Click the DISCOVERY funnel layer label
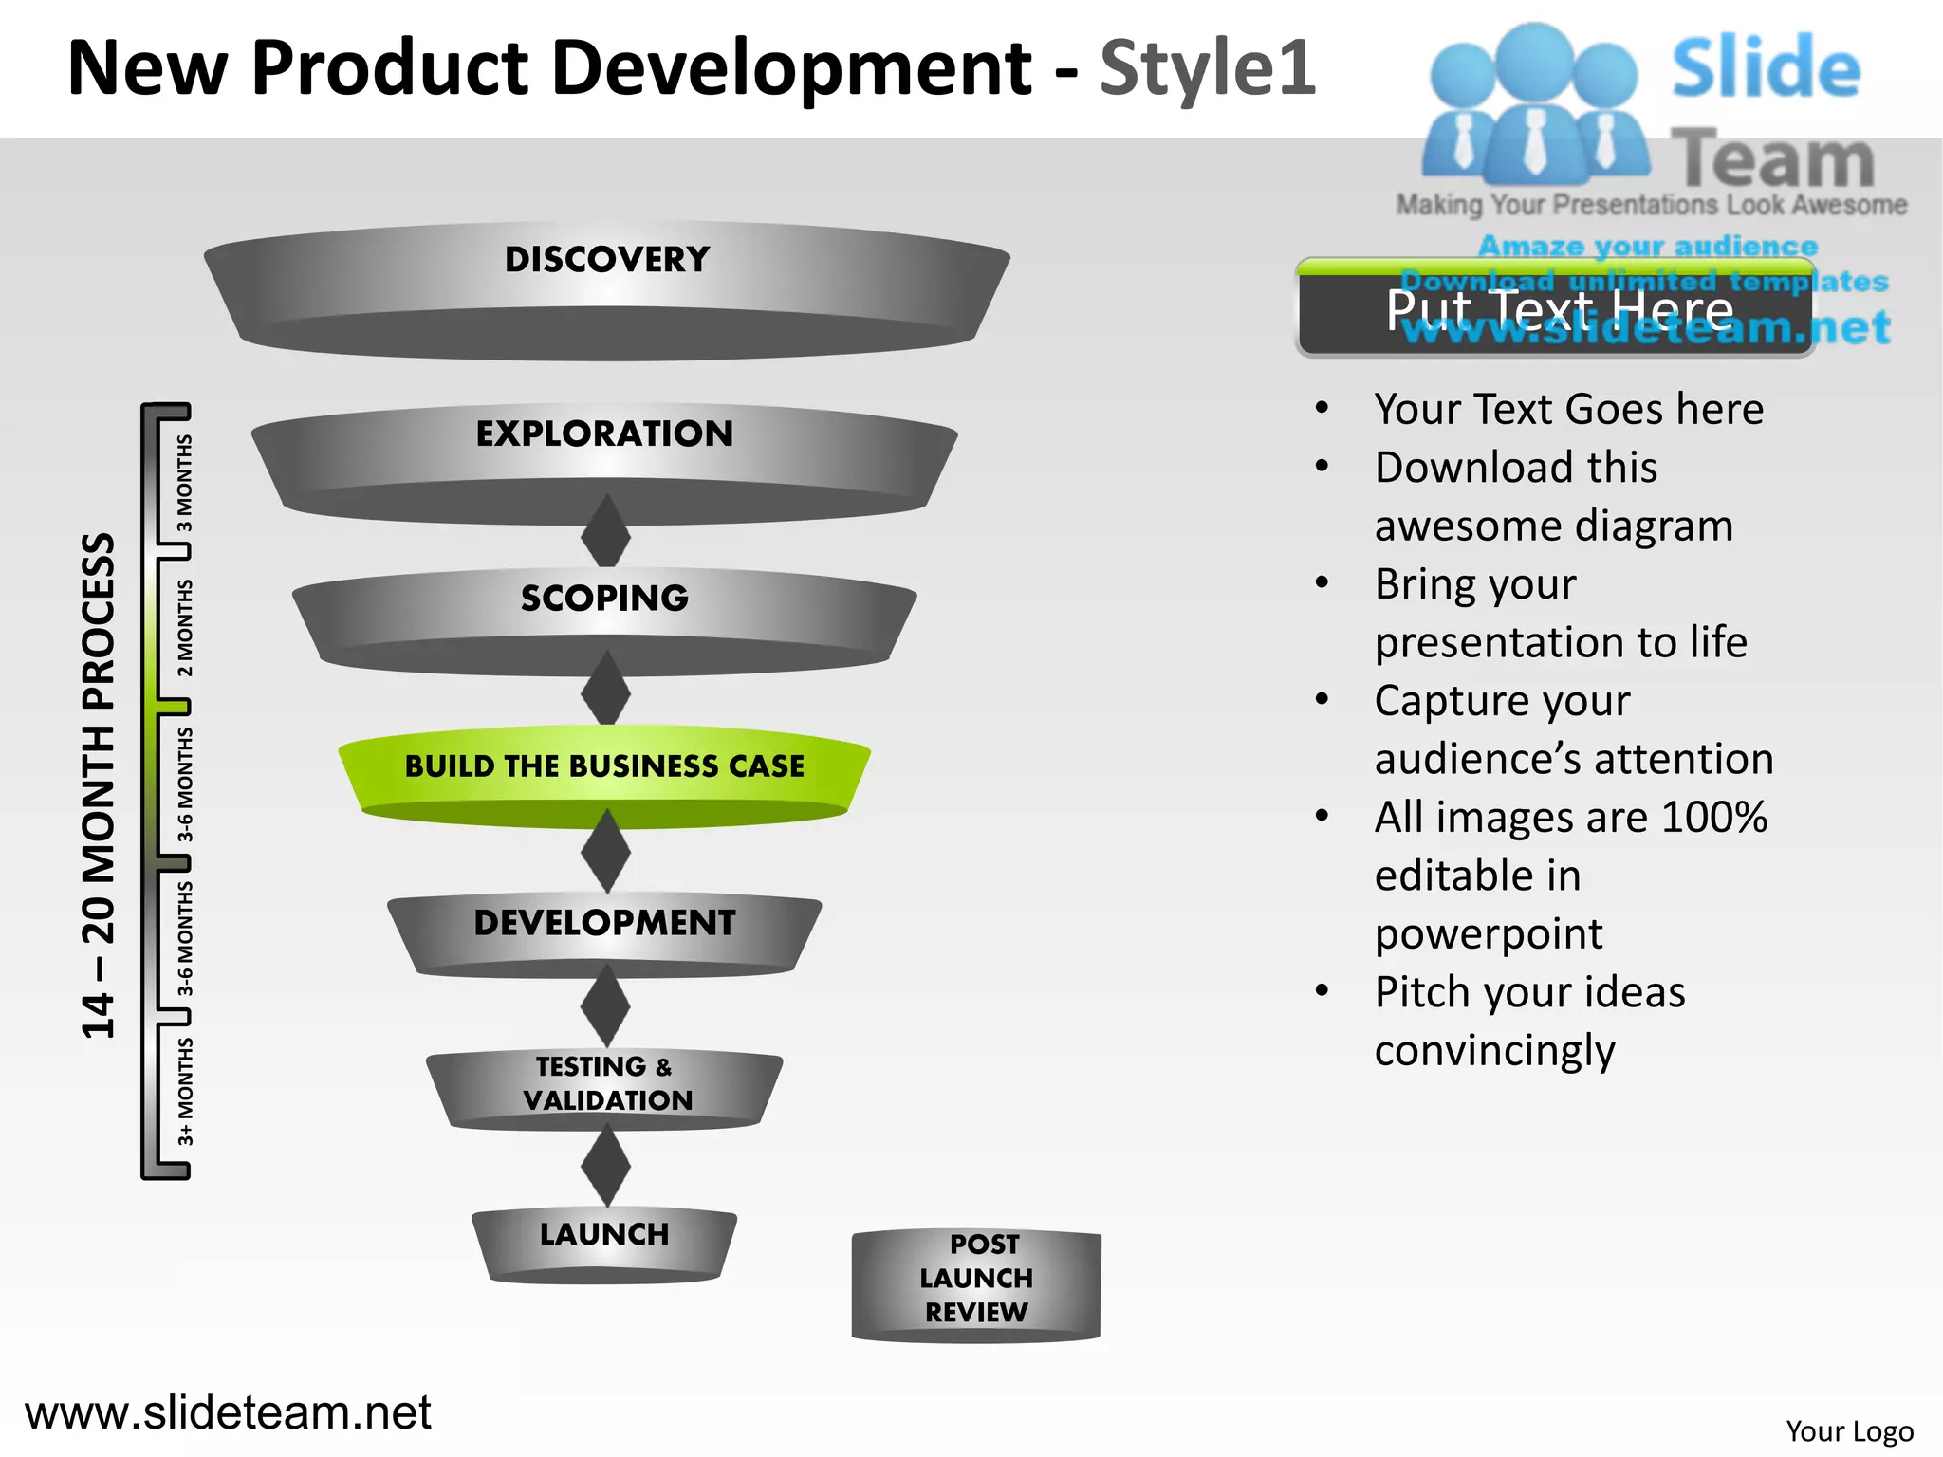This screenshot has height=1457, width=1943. click(x=607, y=260)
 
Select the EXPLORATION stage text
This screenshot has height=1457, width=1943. click(x=604, y=433)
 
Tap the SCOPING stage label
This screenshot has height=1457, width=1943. click(x=604, y=598)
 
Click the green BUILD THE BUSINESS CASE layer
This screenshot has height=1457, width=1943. click(x=604, y=766)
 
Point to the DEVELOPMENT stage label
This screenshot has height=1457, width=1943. click(x=604, y=922)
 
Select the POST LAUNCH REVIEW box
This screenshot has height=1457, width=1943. click(x=976, y=1279)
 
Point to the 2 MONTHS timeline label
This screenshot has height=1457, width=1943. click(x=185, y=628)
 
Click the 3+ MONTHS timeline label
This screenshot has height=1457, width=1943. click(x=185, y=1091)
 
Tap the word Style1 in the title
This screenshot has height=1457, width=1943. click(x=1207, y=68)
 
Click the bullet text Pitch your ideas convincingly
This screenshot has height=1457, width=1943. click(x=1529, y=1021)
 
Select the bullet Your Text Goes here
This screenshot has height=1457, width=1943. click(x=1568, y=410)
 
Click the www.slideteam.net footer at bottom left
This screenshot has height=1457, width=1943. click(x=228, y=1412)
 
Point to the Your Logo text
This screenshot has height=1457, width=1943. click(x=1848, y=1430)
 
